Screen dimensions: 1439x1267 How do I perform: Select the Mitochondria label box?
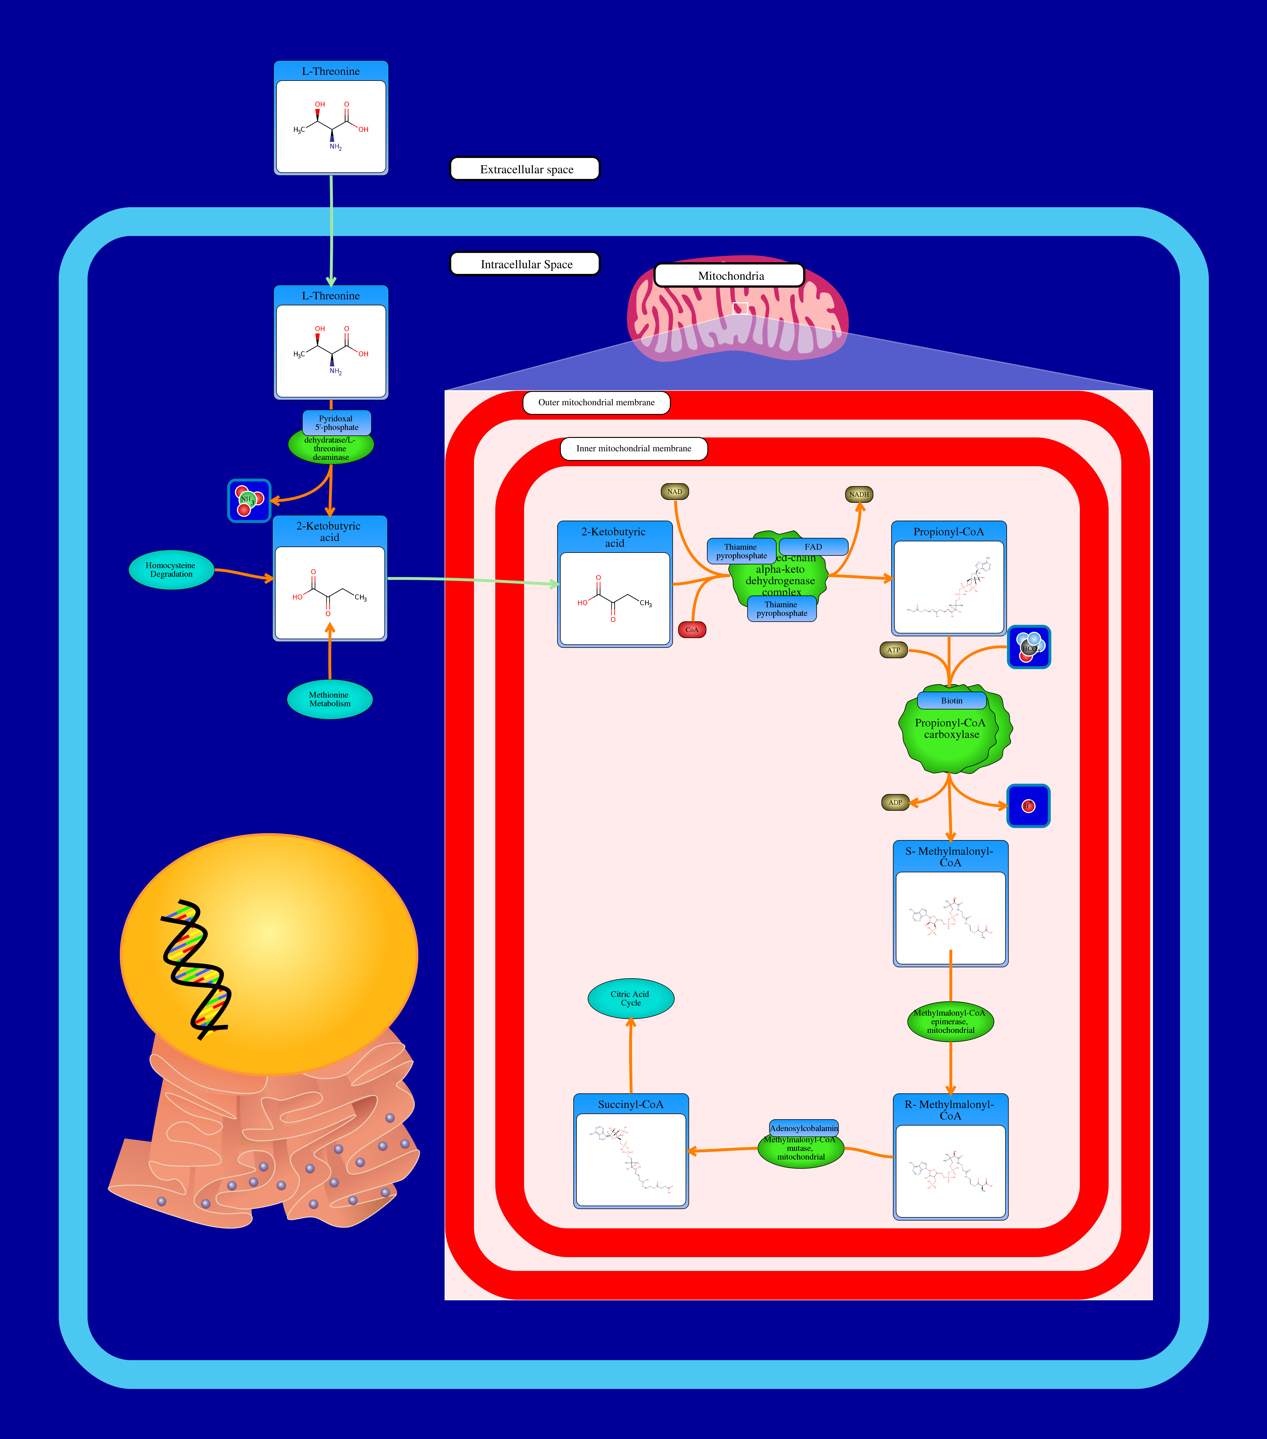730,275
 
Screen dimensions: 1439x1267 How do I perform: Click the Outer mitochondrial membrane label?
596,403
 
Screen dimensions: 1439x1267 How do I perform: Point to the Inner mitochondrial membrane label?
633,448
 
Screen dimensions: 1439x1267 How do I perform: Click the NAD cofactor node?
674,491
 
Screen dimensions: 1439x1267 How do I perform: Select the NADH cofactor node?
858,494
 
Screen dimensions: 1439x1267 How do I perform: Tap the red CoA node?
692,629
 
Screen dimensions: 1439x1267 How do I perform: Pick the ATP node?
893,650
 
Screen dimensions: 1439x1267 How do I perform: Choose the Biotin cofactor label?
951,701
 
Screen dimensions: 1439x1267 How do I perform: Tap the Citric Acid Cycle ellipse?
630,998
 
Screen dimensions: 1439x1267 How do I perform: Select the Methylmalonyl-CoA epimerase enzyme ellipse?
950,1021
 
